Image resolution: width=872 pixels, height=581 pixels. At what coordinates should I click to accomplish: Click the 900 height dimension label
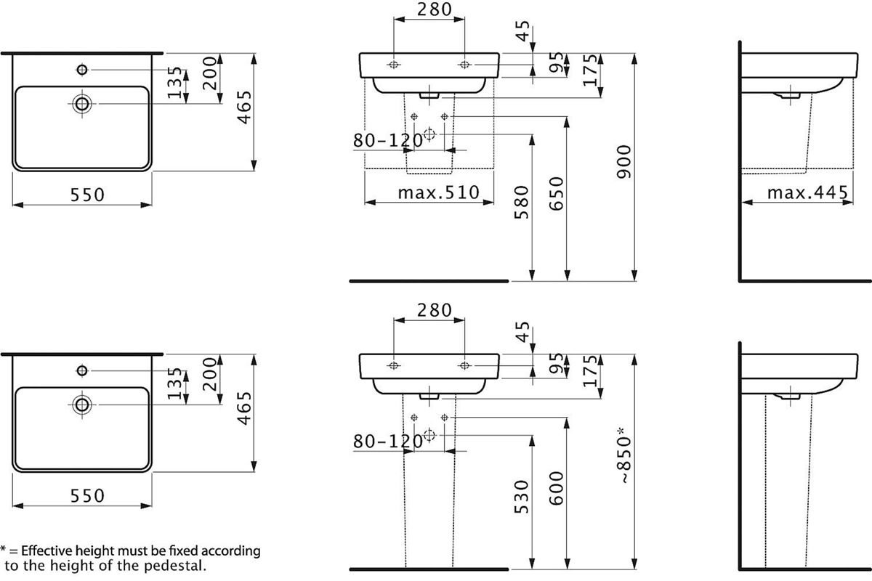(x=623, y=162)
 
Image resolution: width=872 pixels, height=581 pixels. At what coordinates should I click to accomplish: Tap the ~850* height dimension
(x=624, y=455)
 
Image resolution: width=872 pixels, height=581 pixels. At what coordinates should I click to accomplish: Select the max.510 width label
(x=438, y=192)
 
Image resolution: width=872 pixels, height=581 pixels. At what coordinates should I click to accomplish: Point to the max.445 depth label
(x=807, y=192)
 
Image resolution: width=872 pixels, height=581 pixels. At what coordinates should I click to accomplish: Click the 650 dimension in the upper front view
(x=557, y=194)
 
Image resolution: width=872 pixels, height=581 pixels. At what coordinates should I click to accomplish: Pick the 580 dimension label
(x=522, y=203)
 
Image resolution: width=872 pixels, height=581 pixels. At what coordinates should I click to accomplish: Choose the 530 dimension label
(x=522, y=497)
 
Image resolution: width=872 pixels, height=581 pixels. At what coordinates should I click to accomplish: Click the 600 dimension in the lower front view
(x=557, y=488)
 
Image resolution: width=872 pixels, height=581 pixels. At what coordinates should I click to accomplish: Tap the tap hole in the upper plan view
(x=82, y=70)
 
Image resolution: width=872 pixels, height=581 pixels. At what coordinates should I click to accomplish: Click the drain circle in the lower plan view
(x=82, y=405)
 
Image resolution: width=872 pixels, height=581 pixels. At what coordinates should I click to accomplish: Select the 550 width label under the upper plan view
(x=88, y=195)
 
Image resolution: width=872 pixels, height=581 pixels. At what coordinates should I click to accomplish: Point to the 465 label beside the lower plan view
(x=244, y=408)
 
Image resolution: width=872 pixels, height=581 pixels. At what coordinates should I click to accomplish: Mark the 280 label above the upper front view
(x=435, y=9)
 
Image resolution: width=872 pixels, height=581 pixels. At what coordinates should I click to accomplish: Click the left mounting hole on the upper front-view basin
(x=394, y=65)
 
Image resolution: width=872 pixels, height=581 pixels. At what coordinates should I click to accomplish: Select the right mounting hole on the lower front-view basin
(x=464, y=365)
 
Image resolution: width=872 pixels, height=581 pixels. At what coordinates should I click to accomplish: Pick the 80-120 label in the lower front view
(x=388, y=442)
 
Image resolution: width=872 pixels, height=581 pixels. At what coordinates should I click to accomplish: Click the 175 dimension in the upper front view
(x=590, y=70)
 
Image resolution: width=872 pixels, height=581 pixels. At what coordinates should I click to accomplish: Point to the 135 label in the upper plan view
(x=175, y=83)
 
